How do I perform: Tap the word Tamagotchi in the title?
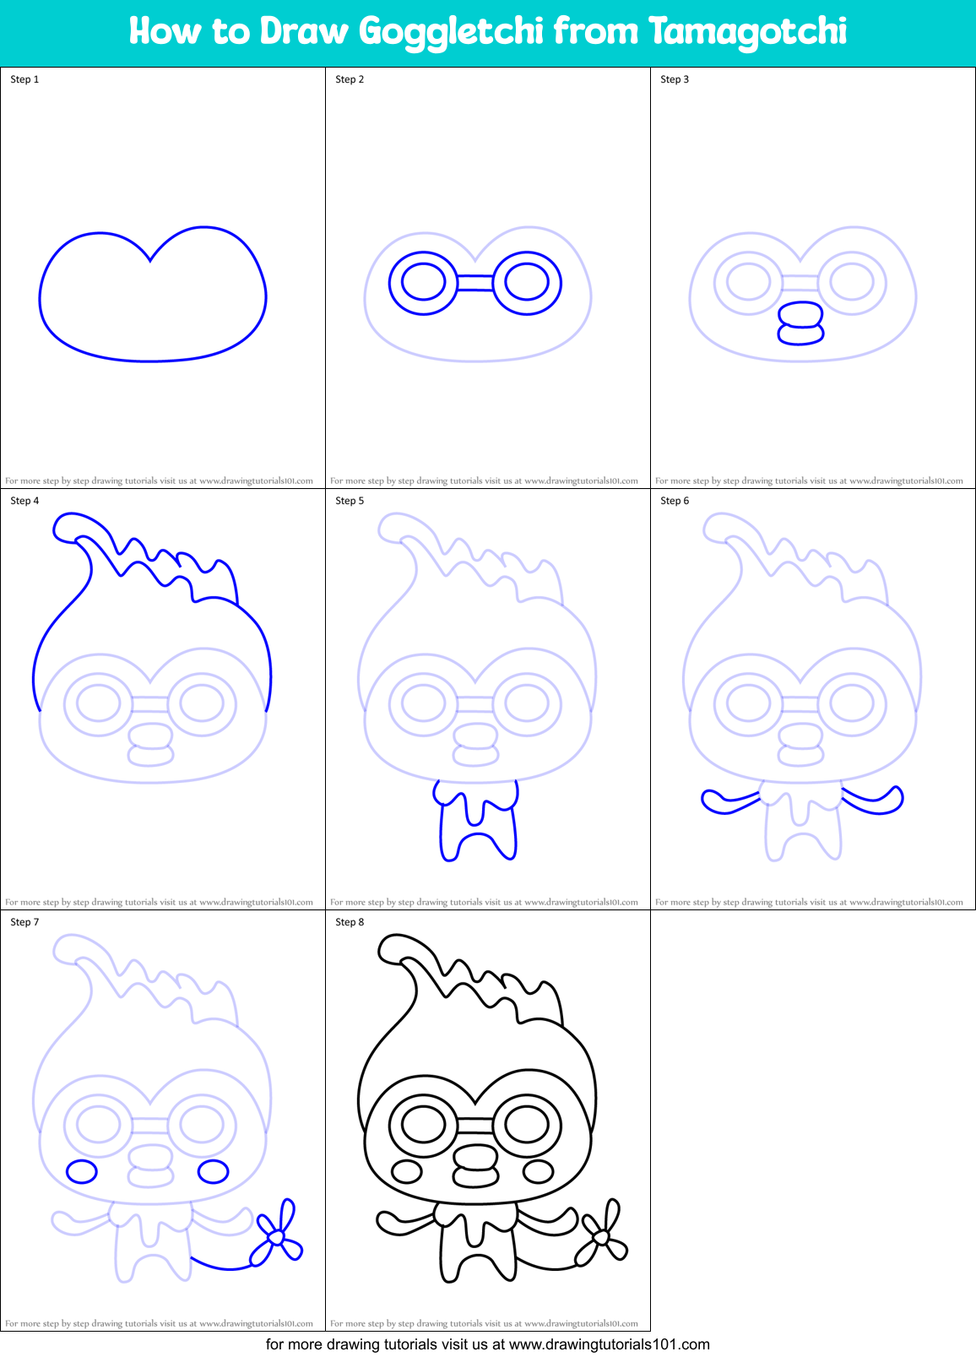coord(747,32)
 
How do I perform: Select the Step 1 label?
coord(24,79)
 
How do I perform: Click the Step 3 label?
coord(675,79)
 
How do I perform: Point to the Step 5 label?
coord(350,501)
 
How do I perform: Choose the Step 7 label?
coord(24,922)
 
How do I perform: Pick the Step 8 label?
coord(350,922)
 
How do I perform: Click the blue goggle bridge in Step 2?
coord(475,283)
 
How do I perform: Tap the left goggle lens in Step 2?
coord(423,282)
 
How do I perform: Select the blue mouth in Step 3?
coord(800,324)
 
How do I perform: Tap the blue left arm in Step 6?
coord(726,801)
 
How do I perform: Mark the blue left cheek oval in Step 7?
coord(82,1171)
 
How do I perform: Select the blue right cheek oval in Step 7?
coord(213,1171)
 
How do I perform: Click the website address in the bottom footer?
coord(610,1344)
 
